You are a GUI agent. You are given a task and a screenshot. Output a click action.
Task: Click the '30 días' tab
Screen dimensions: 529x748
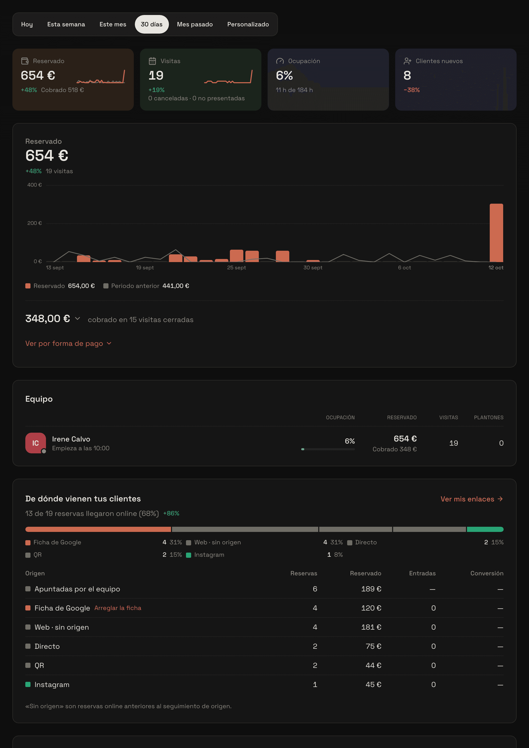[x=151, y=25]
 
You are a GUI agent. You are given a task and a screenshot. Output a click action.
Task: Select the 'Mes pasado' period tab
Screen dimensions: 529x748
[x=195, y=25]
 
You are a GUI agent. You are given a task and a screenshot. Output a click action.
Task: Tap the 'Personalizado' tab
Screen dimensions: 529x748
[x=248, y=25]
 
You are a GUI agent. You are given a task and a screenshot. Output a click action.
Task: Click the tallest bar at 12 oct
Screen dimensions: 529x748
[x=496, y=233]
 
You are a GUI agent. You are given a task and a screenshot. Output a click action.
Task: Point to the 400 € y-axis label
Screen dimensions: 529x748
[x=35, y=185]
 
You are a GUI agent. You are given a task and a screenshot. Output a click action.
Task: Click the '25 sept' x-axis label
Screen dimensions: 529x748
[x=237, y=268]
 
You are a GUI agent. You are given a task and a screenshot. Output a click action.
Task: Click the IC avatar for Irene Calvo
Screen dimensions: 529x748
[x=35, y=443]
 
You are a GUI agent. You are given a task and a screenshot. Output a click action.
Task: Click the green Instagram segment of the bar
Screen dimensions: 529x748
[x=485, y=529]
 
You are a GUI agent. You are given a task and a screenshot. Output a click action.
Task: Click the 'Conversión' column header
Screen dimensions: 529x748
[x=487, y=573]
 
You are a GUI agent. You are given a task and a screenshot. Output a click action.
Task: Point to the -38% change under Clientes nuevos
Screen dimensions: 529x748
[x=411, y=90]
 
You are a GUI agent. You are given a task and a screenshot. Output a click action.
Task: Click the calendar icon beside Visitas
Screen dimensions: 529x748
[x=152, y=61]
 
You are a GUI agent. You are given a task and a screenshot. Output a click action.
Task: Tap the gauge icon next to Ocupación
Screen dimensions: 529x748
[x=280, y=61]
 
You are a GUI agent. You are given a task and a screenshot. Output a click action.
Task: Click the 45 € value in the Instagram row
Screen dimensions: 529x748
[x=373, y=684]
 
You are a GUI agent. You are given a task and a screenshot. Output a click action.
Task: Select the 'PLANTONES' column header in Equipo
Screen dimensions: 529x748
[x=489, y=417]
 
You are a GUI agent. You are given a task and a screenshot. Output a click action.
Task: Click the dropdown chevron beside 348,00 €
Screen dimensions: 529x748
[x=77, y=318]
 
